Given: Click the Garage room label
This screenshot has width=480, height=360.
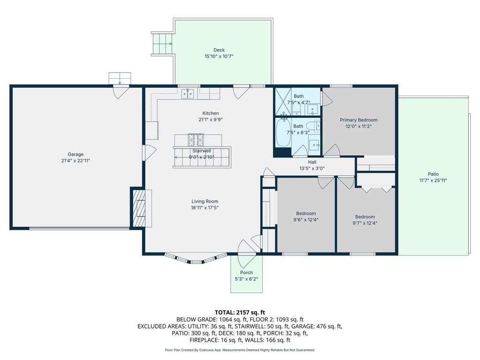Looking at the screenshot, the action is coord(75,154).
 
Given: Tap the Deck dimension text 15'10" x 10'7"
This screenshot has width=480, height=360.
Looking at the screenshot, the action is coord(219,56).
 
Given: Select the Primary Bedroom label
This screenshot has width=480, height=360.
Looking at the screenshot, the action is coord(359,120).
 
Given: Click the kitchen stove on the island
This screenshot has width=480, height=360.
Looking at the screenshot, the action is coord(196,140).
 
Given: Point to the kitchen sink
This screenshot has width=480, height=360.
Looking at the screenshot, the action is coord(187,94).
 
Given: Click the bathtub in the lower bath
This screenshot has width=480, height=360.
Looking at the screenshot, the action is coord(284,132).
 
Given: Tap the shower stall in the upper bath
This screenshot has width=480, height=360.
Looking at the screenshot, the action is coord(283,101).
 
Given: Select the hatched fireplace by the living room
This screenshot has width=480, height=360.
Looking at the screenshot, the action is coord(139,208).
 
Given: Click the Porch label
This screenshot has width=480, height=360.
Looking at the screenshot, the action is coord(247,272).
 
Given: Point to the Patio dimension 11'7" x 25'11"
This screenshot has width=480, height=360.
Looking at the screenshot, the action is coord(433,180).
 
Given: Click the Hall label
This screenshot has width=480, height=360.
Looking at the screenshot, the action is coord(312,162).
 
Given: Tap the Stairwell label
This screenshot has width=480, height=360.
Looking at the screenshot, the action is coord(202,151).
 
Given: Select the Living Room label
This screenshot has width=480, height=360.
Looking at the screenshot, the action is coord(205,201).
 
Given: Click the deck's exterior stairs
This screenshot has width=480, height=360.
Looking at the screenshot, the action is coord(162,44).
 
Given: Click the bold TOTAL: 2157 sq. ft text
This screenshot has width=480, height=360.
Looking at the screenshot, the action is coord(240,313).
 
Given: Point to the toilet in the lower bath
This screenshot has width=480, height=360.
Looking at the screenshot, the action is coord(313,126).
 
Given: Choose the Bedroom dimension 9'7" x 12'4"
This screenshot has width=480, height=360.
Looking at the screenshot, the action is coord(365,223).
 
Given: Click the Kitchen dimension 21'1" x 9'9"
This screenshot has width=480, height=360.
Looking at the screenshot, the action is coord(210,120).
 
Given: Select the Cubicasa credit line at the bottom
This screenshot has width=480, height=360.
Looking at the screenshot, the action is coord(240,350).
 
